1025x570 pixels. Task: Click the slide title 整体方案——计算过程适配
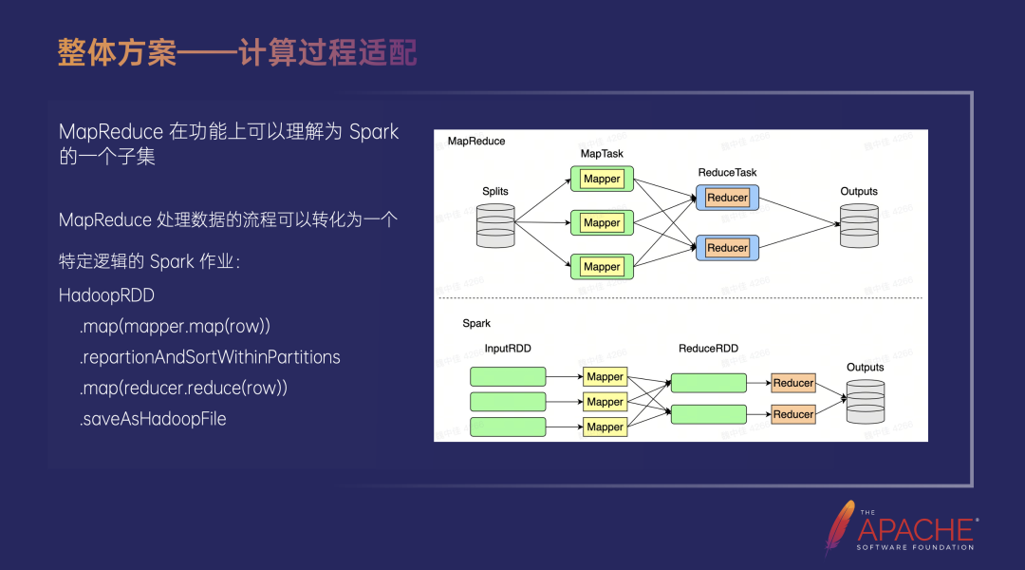[x=237, y=53]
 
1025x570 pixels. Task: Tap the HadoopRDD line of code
[x=106, y=295]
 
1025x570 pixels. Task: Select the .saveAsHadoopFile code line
[x=153, y=419]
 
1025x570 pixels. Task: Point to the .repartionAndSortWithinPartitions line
[x=210, y=357]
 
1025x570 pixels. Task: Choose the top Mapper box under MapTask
[x=602, y=179]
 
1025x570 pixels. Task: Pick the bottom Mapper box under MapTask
[x=602, y=267]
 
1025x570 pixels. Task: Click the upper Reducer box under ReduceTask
[x=728, y=198]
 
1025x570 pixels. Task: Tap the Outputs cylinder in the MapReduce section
[x=859, y=225]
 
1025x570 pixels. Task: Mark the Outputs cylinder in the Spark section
[x=865, y=401]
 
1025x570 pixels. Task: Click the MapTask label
[x=602, y=154]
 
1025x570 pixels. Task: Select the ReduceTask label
[x=727, y=173]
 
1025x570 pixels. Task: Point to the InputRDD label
[x=508, y=349]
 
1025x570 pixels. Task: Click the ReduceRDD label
[x=708, y=349]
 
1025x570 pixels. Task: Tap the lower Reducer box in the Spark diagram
[x=793, y=414]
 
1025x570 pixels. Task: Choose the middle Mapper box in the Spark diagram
[x=605, y=402]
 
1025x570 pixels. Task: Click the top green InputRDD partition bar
[x=508, y=376]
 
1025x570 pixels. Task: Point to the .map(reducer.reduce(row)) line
[x=183, y=389]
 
